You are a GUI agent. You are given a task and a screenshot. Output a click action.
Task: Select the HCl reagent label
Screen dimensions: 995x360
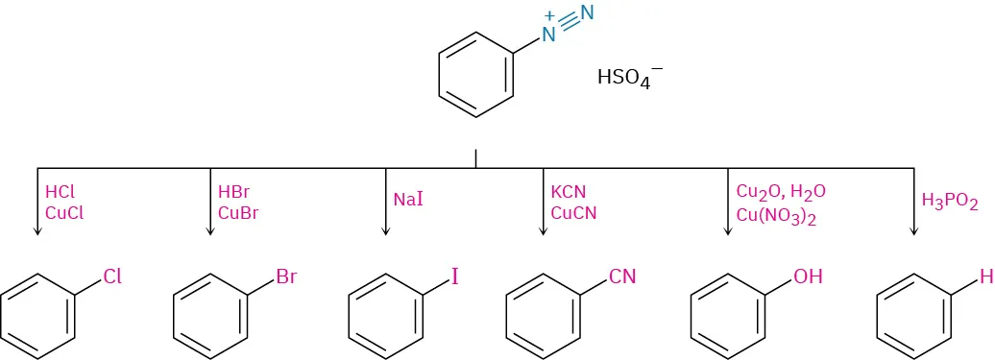tap(60, 192)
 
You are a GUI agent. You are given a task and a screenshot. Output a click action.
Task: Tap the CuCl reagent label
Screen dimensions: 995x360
tap(64, 213)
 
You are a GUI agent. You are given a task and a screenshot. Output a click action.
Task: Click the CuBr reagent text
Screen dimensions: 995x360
tap(239, 213)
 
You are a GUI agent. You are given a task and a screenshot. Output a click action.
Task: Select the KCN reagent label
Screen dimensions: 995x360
tap(569, 192)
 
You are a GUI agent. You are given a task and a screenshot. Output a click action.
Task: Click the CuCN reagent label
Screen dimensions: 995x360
tap(573, 213)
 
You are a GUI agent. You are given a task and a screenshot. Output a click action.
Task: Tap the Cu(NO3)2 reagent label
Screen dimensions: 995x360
tap(776, 215)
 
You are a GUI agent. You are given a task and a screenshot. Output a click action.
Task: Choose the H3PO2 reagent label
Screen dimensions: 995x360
tap(949, 202)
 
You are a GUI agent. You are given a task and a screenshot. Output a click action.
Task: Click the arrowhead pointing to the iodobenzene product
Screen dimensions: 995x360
tap(385, 230)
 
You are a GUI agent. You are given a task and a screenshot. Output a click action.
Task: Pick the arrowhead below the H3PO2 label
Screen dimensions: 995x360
tap(911, 230)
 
